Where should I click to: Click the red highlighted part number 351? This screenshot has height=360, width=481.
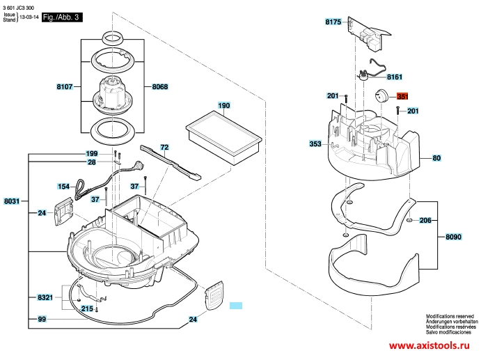[x=404, y=97]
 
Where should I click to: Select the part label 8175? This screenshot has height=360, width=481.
[x=333, y=22]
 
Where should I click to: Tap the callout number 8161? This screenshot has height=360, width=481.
[x=395, y=77]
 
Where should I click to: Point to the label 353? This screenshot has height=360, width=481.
[x=315, y=143]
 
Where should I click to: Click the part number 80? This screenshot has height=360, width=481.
[x=437, y=159]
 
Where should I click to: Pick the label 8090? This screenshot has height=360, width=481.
[x=454, y=237]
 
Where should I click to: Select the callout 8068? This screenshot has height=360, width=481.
[x=160, y=87]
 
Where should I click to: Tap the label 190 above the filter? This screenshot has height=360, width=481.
[x=223, y=106]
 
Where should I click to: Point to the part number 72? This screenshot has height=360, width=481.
[x=164, y=148]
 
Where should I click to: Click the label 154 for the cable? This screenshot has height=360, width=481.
[x=63, y=187]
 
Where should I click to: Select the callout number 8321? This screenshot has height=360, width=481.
[x=45, y=297]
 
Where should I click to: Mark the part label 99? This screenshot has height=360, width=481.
[x=42, y=319]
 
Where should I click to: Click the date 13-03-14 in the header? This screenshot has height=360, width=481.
[x=29, y=19]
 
